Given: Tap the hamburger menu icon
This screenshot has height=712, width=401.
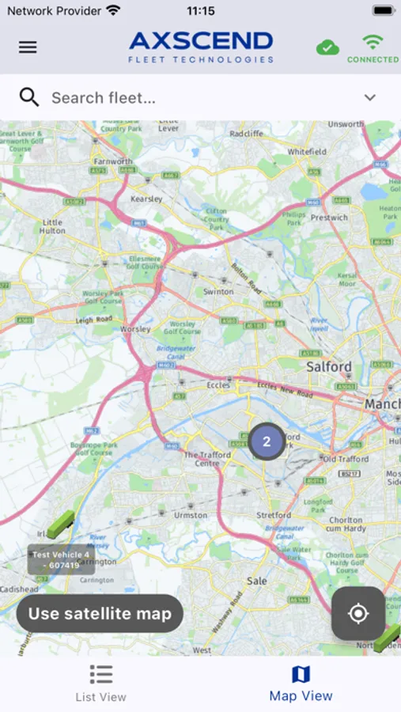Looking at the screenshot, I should click(x=28, y=47).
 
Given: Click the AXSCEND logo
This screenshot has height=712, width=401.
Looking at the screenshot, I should click(x=201, y=47).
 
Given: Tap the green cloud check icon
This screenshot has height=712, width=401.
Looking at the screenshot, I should click(x=327, y=47).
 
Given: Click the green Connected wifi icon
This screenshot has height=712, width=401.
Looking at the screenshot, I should click(x=372, y=47).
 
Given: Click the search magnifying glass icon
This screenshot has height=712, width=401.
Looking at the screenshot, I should click(x=29, y=97).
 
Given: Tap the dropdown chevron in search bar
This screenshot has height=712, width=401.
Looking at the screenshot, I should click(x=369, y=97).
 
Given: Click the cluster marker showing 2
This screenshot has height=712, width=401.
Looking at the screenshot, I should click(x=267, y=441).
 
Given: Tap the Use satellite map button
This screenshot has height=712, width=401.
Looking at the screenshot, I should click(x=100, y=613).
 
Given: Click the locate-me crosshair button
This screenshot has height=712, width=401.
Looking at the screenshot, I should click(x=358, y=613).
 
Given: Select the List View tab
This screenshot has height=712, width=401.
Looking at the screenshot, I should click(x=100, y=684).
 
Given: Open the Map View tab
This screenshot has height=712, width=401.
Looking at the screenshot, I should click(x=301, y=684).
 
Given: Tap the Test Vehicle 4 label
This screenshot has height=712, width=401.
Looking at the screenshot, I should click(x=61, y=559).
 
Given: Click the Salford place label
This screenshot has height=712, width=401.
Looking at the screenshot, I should click(x=329, y=367).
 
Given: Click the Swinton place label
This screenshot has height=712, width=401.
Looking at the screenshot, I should click(x=218, y=291).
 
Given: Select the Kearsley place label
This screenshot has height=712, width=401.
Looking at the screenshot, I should click(x=146, y=199).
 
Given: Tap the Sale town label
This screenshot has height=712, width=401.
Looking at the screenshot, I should click(x=256, y=580).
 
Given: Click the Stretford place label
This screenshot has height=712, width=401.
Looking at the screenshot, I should click(x=274, y=515).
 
